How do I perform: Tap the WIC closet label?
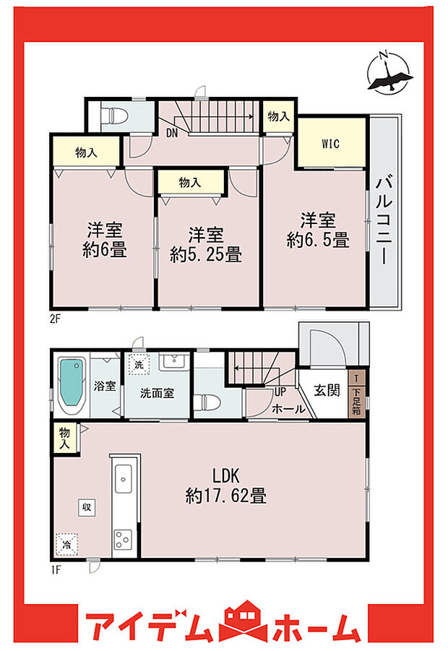point(331,142)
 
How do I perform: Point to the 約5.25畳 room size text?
point(206,254)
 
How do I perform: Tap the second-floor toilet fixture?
point(115,116)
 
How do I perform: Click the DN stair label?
point(172,132)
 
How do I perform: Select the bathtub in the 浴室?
point(71,387)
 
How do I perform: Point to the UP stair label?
point(278,391)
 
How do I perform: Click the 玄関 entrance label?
point(327,391)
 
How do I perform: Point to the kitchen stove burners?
point(121,538)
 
